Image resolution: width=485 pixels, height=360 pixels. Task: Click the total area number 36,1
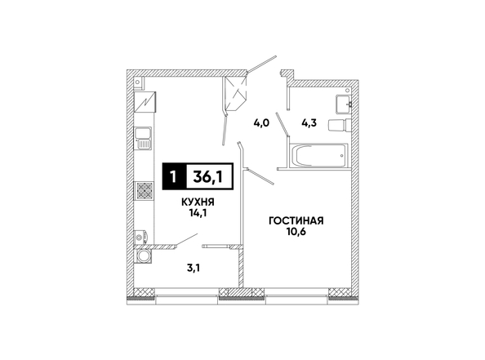(208, 177)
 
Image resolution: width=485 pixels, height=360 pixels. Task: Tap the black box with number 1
(174, 176)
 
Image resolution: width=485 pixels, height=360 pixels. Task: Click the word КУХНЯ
(198, 202)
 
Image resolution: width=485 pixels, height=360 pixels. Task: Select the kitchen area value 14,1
(198, 213)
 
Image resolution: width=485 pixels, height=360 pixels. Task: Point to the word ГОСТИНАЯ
(296, 221)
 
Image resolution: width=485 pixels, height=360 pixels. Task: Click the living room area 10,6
(296, 232)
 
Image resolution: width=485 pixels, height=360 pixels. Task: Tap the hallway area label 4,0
(261, 123)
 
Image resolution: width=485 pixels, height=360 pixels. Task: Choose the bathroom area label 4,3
(309, 123)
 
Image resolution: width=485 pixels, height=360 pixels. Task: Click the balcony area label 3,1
(194, 268)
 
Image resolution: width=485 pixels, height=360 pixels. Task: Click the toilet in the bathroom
(340, 125)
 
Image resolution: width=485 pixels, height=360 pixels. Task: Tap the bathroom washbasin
(343, 104)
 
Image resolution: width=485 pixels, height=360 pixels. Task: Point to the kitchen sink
(143, 138)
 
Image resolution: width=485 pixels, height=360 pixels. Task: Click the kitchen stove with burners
(144, 190)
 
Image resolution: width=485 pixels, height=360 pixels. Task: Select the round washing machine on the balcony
(144, 256)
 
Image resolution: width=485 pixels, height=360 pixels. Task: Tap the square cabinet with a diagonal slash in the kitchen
(145, 102)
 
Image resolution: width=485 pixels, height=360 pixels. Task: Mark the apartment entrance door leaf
(261, 64)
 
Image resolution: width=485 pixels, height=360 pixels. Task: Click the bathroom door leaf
(283, 124)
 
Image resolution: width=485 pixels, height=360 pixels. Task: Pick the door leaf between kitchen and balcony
(186, 240)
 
